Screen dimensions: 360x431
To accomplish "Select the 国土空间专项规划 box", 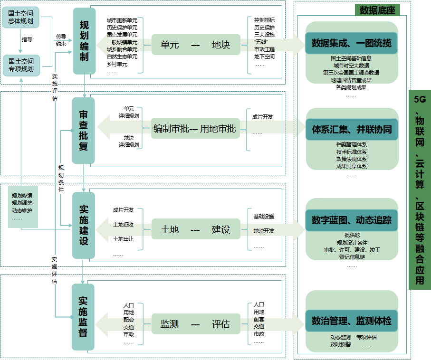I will pos(21,66).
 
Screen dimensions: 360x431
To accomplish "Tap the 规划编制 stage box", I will pos(84,41).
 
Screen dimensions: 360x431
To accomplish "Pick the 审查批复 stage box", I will pos(84,130).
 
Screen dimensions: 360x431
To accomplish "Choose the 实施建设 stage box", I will pos(84,225).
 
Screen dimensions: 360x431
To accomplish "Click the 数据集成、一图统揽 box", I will pos(352,43).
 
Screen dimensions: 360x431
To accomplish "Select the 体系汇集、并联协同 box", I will pos(352,129).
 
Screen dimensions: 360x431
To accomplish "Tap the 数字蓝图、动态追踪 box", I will pos(352,220).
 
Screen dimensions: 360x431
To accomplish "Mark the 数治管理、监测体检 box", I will pos(352,322).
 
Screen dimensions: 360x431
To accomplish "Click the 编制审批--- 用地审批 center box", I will pos(194,129).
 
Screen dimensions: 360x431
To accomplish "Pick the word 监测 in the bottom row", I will pos(170,324).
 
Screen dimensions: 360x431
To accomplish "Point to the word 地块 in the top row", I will pos(220,45).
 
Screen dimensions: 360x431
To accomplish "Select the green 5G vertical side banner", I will pos(420,189).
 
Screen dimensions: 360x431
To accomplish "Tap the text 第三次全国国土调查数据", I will pos(351,73).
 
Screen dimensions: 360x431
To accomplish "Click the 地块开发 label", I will pos(264,231).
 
